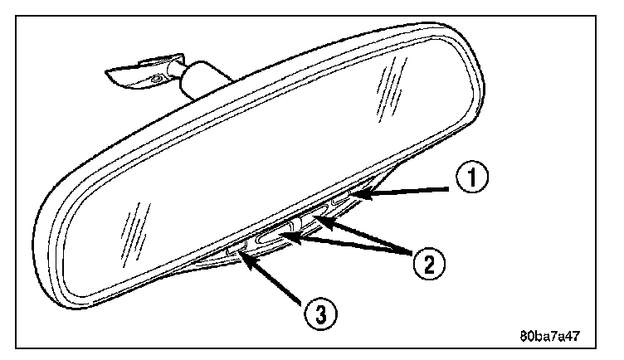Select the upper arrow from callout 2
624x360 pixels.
tap(365, 234)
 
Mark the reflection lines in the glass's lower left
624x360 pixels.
tap(130, 226)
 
